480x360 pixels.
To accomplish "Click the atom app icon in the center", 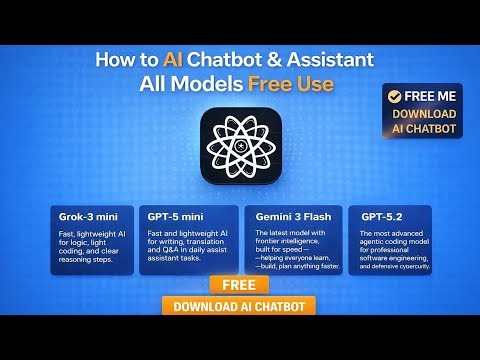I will pyautogui.click(x=239, y=146).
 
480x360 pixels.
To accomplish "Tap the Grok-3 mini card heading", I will pyautogui.click(x=83, y=215).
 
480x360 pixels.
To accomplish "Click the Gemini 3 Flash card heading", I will pyautogui.click(x=290, y=215).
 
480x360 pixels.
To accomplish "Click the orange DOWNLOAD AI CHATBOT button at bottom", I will pyautogui.click(x=240, y=306).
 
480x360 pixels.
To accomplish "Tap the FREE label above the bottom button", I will pyautogui.click(x=240, y=285).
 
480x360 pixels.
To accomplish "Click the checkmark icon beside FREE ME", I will pyautogui.click(x=395, y=97).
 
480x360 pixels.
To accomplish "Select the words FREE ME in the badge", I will pyautogui.click(x=431, y=97).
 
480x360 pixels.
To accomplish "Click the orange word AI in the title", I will pyautogui.click(x=177, y=59).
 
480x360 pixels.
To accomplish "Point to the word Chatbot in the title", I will pyautogui.click(x=230, y=59).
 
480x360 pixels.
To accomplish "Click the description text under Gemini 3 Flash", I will pyautogui.click(x=294, y=250).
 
